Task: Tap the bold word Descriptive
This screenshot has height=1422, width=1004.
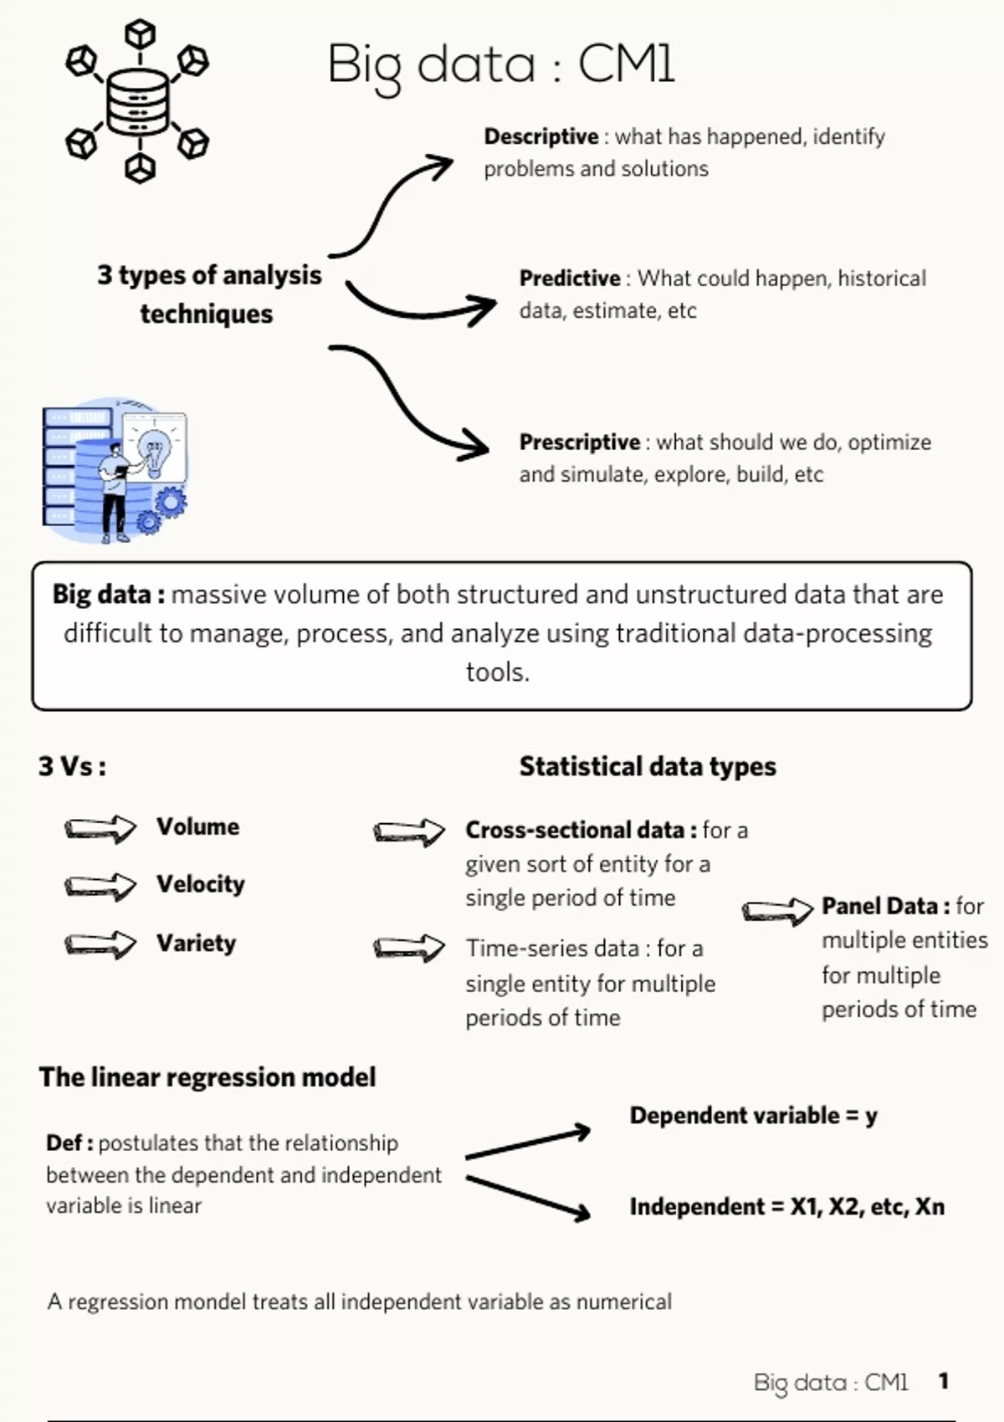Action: (540, 136)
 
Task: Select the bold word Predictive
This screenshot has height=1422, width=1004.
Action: (570, 279)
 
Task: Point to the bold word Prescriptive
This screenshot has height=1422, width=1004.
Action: (579, 442)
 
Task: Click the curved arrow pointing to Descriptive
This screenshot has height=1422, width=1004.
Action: (390, 206)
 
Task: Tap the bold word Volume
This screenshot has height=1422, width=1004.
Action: (197, 826)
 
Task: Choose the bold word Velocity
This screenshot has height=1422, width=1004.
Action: (200, 884)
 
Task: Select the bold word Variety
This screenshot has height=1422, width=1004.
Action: (196, 943)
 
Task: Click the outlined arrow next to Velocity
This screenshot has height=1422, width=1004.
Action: (100, 886)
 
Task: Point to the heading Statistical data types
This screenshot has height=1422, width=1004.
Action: (648, 766)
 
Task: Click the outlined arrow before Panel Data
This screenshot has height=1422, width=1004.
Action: (777, 910)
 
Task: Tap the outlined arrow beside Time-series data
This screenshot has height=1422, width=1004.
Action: (408, 948)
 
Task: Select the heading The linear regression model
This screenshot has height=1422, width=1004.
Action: (207, 1077)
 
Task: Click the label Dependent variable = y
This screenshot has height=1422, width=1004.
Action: (753, 1115)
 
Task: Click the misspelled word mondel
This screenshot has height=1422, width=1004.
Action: (213, 1302)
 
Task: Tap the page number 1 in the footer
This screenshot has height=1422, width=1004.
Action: (944, 1381)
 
